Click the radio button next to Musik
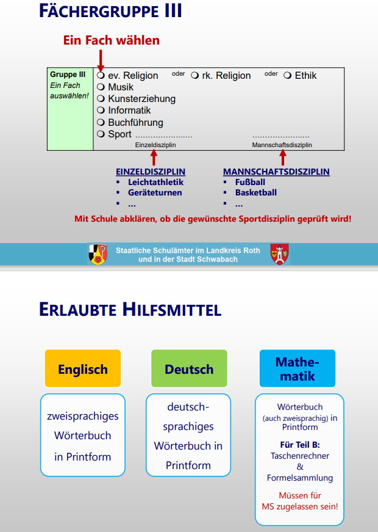coord(101,87)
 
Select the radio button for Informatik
coord(101,111)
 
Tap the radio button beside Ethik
coord(288,75)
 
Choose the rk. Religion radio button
coord(194,76)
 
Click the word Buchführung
coord(135,122)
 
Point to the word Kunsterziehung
coord(141,99)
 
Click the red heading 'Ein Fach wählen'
coord(112,40)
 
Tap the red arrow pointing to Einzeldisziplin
coord(154,158)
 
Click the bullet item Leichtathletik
coord(155,182)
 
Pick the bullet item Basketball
coord(256,192)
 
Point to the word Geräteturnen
coord(155,192)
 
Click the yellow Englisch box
coord(83,369)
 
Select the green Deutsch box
coord(189,369)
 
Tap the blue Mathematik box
coord(298,369)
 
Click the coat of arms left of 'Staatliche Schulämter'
coord(98,254)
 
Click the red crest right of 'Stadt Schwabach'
coord(279,254)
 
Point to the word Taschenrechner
coord(300,456)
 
